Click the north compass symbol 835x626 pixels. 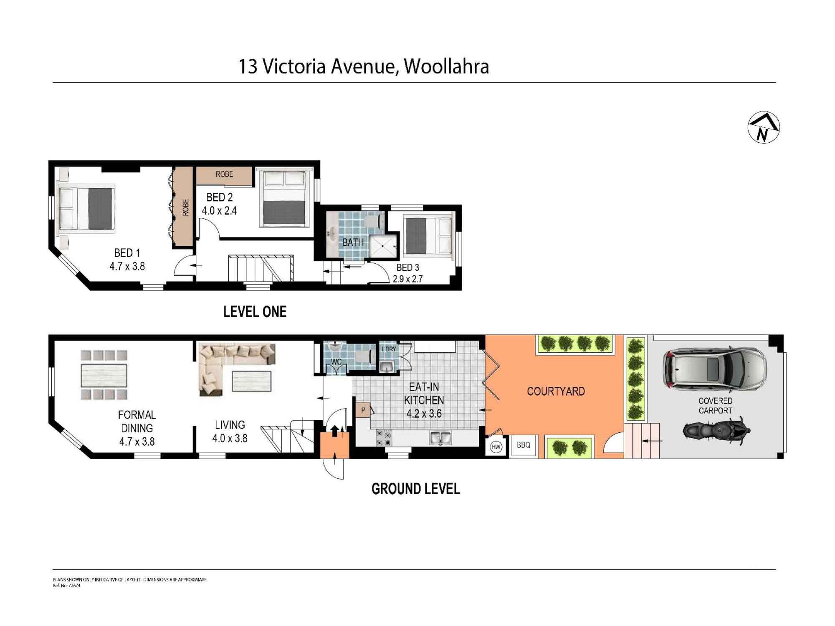click(x=764, y=127)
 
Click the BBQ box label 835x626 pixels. click(x=523, y=445)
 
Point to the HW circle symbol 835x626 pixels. click(x=496, y=447)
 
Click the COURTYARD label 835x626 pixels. click(x=556, y=391)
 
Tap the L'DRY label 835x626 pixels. click(x=388, y=349)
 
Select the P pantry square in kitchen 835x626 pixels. click(x=363, y=410)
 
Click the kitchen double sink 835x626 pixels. click(x=440, y=438)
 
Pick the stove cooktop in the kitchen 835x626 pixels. click(x=384, y=438)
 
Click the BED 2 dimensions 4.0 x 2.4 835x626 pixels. click(x=219, y=211)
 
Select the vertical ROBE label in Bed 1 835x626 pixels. click(x=185, y=207)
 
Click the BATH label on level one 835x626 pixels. click(x=353, y=242)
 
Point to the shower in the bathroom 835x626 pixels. click(x=382, y=247)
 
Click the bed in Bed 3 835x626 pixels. click(x=429, y=236)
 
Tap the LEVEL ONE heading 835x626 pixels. click(x=255, y=312)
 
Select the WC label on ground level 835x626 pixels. click(x=336, y=361)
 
